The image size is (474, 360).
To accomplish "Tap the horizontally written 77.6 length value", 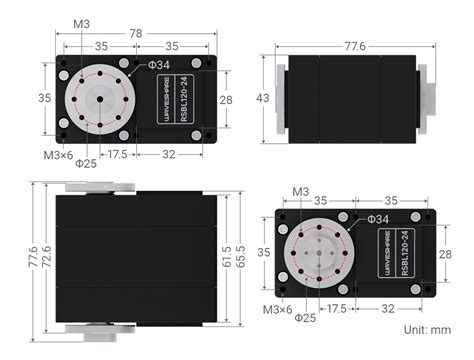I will pos(354,46).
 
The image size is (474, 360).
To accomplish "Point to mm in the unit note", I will pos(440,328).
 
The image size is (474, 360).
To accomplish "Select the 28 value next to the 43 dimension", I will pos(225,100).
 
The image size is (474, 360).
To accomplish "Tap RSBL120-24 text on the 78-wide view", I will pos(196,99).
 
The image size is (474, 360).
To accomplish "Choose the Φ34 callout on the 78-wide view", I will pos(158,65).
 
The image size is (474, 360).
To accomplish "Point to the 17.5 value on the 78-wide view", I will pos(117,154).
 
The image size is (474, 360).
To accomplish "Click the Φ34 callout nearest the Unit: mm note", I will pos(377,218).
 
